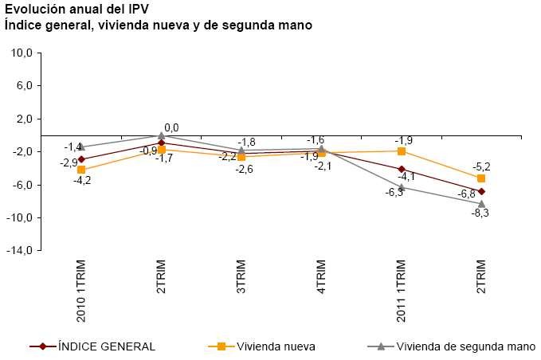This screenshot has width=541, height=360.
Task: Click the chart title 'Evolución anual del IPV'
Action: click(x=72, y=10)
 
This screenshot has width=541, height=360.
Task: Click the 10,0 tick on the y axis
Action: click(x=22, y=53)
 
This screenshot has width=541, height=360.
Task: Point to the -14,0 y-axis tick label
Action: click(x=20, y=251)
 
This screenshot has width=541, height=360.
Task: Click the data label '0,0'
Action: click(x=171, y=127)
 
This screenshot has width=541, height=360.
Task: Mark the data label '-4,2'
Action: click(x=82, y=181)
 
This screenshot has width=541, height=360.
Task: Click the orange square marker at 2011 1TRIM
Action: click(x=402, y=151)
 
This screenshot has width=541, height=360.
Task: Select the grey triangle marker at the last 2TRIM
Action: click(x=481, y=204)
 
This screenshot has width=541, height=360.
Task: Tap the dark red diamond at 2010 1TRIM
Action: click(x=81, y=159)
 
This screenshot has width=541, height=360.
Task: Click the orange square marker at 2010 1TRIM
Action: click(x=81, y=170)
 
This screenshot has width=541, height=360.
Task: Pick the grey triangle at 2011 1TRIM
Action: click(x=402, y=187)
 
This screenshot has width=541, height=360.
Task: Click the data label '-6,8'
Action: click(x=466, y=194)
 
